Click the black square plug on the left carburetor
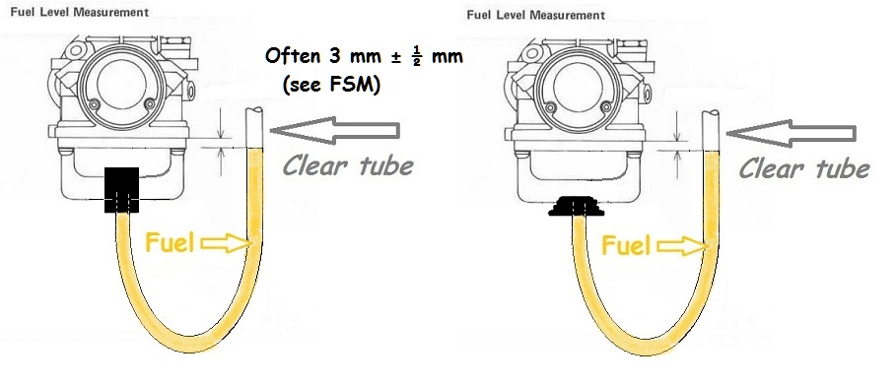[121, 190]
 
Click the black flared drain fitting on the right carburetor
[576, 206]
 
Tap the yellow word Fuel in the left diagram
[170, 242]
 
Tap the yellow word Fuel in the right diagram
[626, 245]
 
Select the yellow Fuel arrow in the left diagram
[227, 244]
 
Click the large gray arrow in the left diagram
[335, 131]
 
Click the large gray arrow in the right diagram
[792, 134]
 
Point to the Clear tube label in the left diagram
[348, 165]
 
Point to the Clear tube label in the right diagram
[804, 168]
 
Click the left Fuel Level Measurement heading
[80, 12]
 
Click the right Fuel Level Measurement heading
[535, 15]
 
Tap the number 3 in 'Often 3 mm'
[334, 56]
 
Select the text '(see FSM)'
[331, 85]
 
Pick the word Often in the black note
[293, 56]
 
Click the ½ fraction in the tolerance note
[417, 58]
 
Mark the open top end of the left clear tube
[254, 109]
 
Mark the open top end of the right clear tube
[711, 112]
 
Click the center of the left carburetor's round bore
[121, 84]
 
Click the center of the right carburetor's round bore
[578, 87]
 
